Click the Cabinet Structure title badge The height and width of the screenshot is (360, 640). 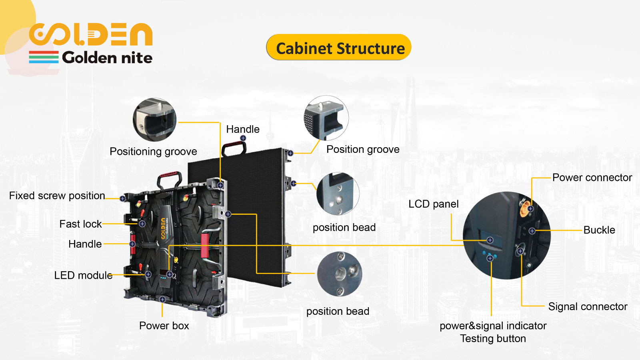tap(339, 47)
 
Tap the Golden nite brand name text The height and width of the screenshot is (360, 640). tap(107, 58)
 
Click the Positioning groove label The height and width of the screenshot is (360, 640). tap(154, 152)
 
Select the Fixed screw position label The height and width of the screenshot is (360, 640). tap(57, 196)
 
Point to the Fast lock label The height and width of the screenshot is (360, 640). tap(80, 224)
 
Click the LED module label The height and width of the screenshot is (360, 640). tap(84, 276)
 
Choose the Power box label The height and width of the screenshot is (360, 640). tap(164, 326)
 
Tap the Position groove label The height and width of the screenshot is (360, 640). tap(363, 150)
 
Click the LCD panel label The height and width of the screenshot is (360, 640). tap(434, 204)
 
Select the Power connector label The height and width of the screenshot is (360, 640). tap(592, 178)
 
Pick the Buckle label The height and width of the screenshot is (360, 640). tap(599, 230)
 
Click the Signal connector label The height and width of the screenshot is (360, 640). tap(588, 306)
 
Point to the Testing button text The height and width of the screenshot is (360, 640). tap(493, 338)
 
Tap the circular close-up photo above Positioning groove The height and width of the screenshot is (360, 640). tap(154, 120)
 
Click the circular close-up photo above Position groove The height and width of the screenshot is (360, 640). tap(326, 118)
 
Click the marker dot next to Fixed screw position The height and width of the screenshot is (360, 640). tap(122, 198)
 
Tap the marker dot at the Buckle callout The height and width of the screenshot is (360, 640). tap(532, 231)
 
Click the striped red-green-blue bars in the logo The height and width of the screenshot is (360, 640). tap(44, 57)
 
